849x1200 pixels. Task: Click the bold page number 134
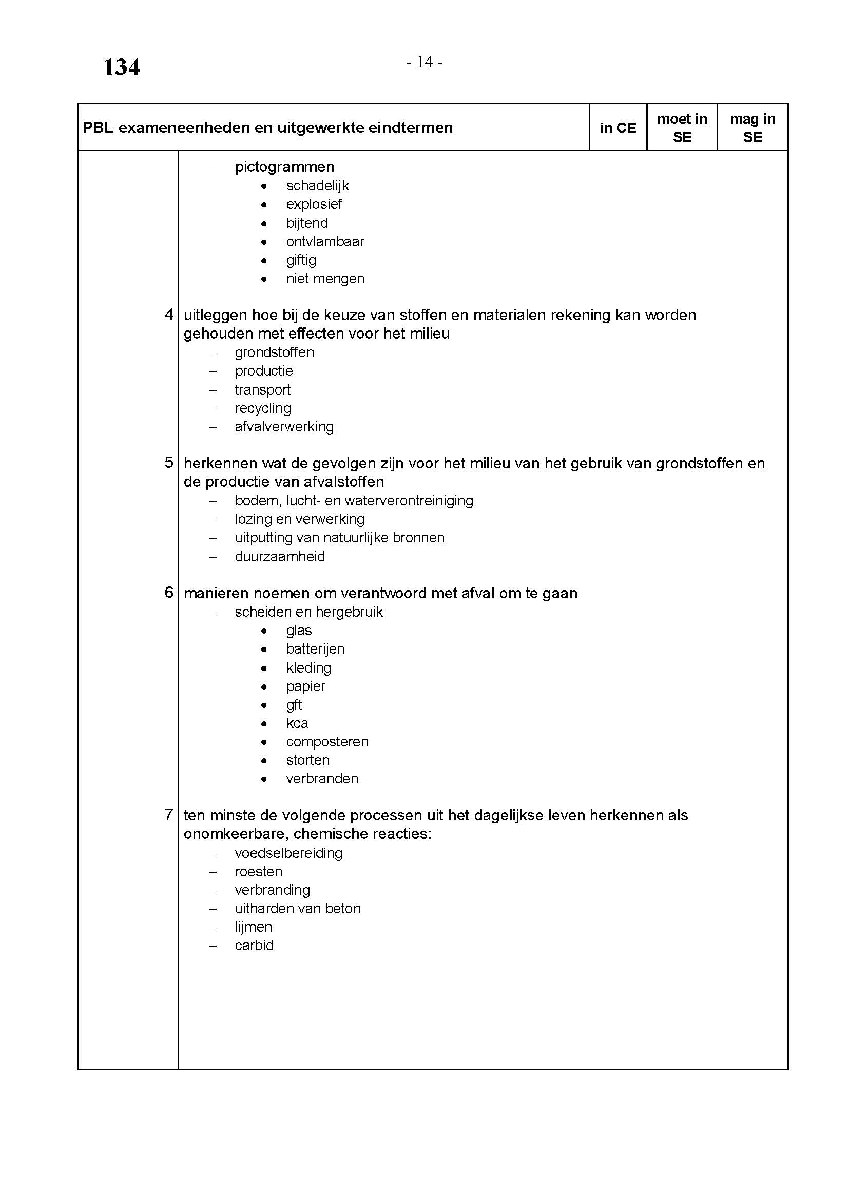click(121, 67)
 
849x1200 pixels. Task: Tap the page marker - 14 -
click(424, 62)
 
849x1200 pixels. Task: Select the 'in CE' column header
click(618, 128)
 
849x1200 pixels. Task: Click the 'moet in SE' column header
click(682, 128)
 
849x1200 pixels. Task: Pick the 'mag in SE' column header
click(752, 128)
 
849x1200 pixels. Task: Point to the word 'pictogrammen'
click(284, 167)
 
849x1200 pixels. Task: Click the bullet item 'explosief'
click(314, 204)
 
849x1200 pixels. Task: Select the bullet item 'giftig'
click(301, 260)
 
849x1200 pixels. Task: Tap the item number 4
click(169, 314)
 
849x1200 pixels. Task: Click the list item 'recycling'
click(263, 408)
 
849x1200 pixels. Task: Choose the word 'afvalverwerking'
click(284, 427)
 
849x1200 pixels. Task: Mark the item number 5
click(169, 463)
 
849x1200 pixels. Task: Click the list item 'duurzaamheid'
click(280, 557)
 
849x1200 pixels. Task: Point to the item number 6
click(169, 593)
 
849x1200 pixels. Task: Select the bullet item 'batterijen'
click(315, 649)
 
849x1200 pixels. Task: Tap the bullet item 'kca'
click(297, 723)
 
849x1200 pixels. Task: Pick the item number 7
click(169, 815)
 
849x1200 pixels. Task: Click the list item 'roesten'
click(258, 872)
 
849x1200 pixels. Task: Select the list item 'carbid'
click(254, 946)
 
